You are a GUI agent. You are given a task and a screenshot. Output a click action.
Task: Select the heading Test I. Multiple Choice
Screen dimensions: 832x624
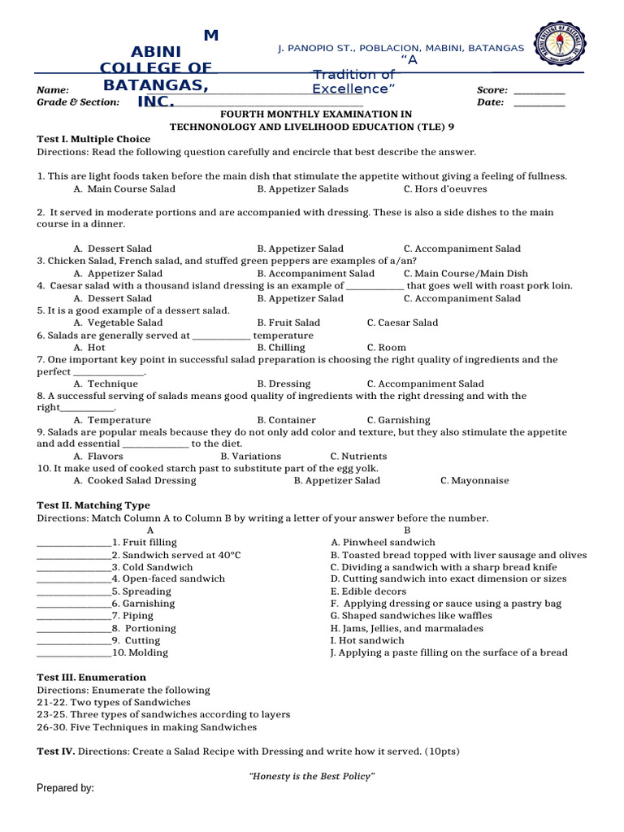[x=93, y=139]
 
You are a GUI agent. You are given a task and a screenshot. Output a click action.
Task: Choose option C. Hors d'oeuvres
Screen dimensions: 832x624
[x=445, y=188]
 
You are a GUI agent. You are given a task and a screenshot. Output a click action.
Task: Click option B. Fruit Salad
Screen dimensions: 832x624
[x=288, y=323]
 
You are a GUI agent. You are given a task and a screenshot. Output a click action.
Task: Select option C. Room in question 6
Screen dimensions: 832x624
[x=387, y=347]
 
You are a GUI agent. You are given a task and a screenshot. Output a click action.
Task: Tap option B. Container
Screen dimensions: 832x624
[x=286, y=420]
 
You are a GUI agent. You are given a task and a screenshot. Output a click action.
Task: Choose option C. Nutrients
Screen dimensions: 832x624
[x=358, y=457]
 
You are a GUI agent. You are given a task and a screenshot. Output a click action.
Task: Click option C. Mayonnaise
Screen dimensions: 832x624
[x=474, y=481]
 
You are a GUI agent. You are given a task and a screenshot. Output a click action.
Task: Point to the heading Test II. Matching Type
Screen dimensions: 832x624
[x=93, y=505]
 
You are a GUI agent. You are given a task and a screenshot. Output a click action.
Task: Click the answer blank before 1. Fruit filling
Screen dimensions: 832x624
[x=74, y=543]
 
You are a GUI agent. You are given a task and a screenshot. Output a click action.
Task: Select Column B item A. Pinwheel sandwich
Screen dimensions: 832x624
[x=383, y=542]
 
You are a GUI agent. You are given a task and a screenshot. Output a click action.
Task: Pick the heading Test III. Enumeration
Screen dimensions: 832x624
[x=92, y=677]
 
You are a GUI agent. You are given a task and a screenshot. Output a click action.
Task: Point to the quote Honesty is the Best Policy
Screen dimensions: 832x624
[x=311, y=777]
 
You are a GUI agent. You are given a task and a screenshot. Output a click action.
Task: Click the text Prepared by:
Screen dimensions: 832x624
[x=66, y=788]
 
